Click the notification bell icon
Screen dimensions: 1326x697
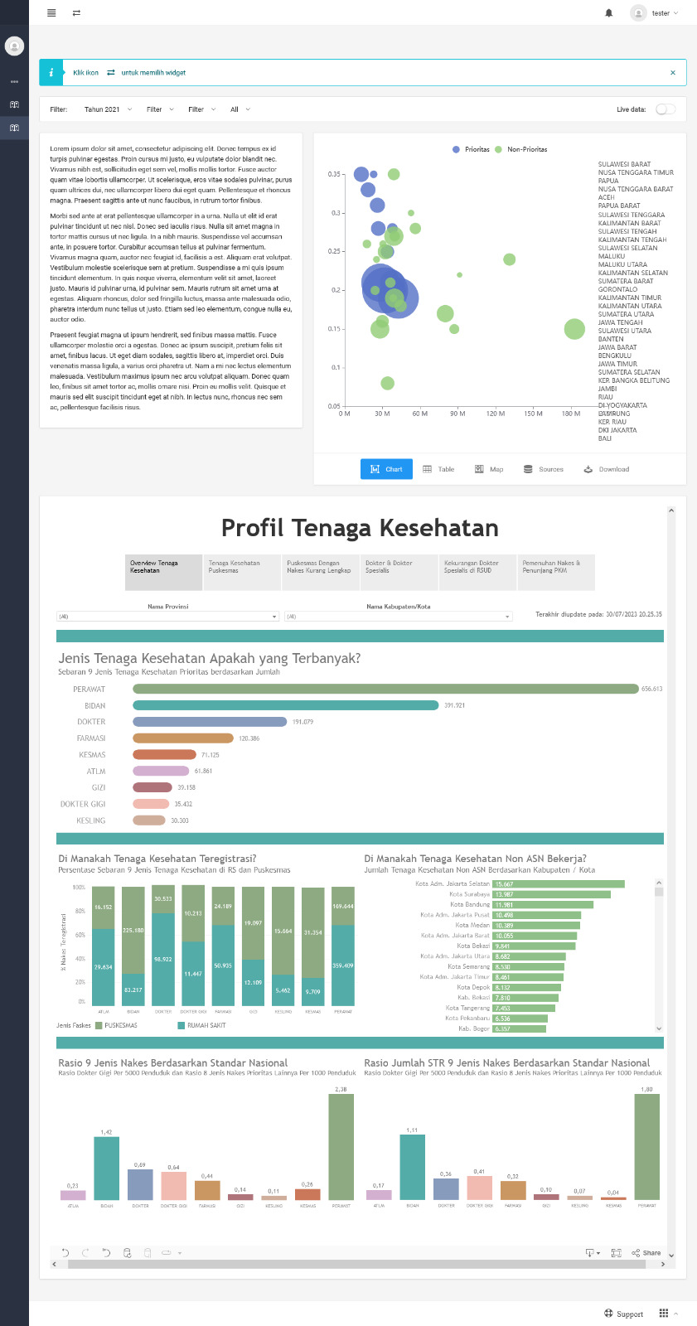coord(609,13)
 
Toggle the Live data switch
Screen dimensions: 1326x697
coord(665,109)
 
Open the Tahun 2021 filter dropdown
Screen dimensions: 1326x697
coord(108,109)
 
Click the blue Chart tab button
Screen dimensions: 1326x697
coord(386,469)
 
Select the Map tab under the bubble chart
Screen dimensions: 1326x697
coord(489,469)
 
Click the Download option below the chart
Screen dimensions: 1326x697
coord(607,469)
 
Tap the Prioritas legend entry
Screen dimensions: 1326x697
coord(472,149)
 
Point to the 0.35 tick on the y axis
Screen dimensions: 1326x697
coord(334,174)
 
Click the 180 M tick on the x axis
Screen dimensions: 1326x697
coord(571,413)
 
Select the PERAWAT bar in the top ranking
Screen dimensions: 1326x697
coord(385,689)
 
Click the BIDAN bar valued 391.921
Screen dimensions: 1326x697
coord(285,705)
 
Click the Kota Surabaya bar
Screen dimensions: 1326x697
coord(551,894)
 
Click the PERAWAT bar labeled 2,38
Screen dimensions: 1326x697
coord(341,1146)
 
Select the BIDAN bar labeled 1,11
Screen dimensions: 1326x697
coord(412,1167)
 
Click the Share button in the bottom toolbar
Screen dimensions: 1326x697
coord(646,1253)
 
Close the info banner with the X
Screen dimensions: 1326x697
coord(673,73)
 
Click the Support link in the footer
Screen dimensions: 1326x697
coord(623,1314)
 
